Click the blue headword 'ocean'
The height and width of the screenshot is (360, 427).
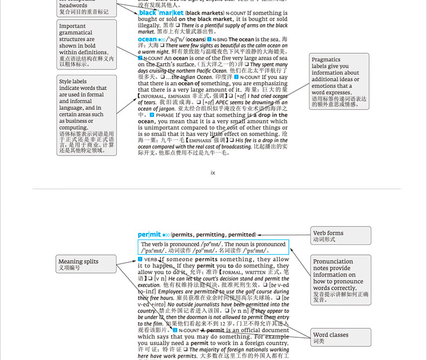pyautogui.click(x=147, y=39)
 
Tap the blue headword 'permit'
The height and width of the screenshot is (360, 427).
pyautogui.click(x=149, y=235)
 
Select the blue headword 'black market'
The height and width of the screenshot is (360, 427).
pyautogui.click(x=161, y=12)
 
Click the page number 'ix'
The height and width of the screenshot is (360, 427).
pyautogui.click(x=213, y=173)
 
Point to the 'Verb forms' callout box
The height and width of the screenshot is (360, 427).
pyautogui.click(x=341, y=236)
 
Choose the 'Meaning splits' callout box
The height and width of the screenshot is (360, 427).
pyautogui.click(x=86, y=264)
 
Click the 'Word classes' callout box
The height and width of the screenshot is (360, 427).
pyautogui.click(x=341, y=337)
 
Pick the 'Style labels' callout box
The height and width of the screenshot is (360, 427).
pyautogui.click(x=86, y=116)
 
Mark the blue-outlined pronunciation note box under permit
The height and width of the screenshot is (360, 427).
pyautogui.click(x=213, y=247)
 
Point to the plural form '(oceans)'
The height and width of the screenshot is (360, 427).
pyautogui.click(x=195, y=39)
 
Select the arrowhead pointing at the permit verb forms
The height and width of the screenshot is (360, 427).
pyautogui.click(x=260, y=235)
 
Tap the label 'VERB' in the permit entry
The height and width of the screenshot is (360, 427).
pyautogui.click(x=151, y=259)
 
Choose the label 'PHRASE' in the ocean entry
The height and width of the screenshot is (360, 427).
pyautogui.click(x=165, y=115)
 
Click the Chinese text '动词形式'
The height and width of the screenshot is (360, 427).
pyautogui.click(x=324, y=239)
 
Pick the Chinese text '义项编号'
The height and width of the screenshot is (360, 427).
pyautogui.click(x=69, y=268)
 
